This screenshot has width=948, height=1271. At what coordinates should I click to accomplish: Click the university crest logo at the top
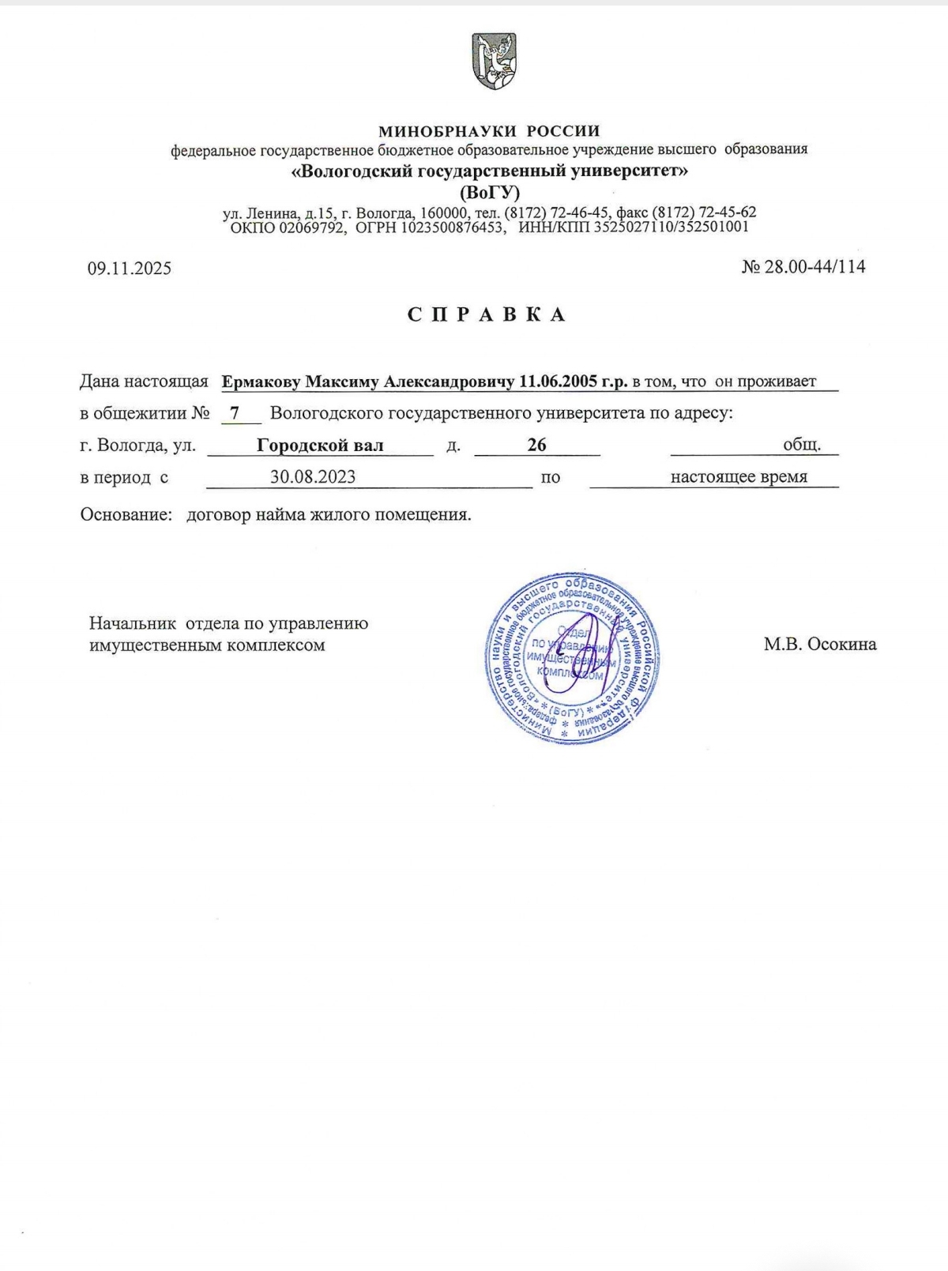point(494,60)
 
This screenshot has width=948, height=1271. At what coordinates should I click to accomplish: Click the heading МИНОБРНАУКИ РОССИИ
point(489,131)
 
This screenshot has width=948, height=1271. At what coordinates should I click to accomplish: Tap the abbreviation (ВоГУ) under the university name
point(489,192)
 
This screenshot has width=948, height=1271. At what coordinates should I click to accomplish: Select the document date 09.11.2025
point(130,269)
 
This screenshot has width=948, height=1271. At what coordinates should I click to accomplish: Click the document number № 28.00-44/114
point(803,267)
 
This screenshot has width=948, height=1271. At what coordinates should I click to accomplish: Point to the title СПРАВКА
point(487,314)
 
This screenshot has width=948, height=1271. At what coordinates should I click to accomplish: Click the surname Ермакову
point(261,382)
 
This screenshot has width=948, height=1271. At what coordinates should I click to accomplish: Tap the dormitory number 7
point(235,413)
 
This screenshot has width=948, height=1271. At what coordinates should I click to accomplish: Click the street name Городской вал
point(320,446)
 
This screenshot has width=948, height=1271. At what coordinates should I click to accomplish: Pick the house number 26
point(536,446)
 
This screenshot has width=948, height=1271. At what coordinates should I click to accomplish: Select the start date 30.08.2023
point(313,477)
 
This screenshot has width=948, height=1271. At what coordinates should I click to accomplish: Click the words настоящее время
point(739,477)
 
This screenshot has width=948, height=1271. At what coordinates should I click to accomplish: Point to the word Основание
point(126,515)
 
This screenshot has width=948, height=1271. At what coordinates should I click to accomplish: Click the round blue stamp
point(572,660)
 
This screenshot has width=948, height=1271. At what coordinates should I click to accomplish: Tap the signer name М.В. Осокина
point(820,645)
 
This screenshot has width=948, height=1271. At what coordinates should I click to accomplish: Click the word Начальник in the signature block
point(134,623)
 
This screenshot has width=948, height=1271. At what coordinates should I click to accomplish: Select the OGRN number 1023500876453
point(453,228)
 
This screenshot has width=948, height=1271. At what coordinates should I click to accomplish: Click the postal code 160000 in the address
point(444,212)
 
